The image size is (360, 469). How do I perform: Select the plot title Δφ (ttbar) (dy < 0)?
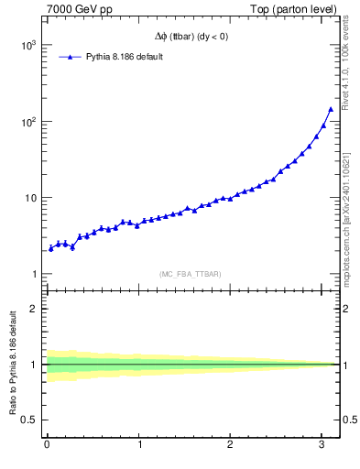point(191,37)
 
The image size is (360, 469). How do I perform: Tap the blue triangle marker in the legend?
point(70,57)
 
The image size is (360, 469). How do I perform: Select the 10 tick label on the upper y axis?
point(29,198)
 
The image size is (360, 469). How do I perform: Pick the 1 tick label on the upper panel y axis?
point(33,275)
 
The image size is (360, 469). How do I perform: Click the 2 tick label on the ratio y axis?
point(33,309)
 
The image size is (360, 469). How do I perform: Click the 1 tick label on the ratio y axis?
point(33,365)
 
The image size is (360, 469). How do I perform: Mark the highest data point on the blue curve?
point(331,109)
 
